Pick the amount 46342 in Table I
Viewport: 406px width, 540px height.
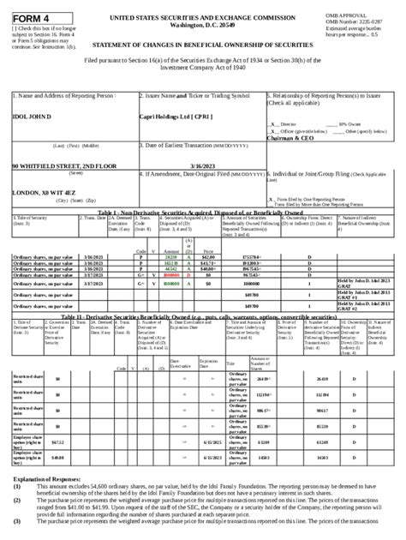tap(170, 268)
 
